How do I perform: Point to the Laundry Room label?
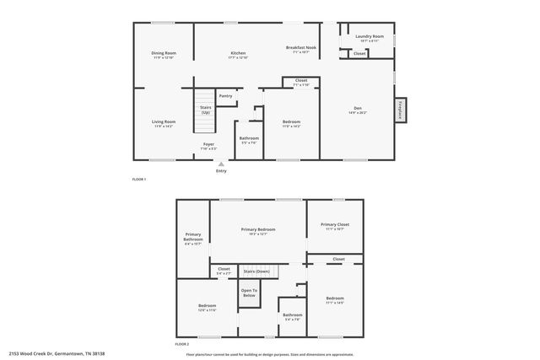[369, 37]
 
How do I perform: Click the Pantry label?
[225, 96]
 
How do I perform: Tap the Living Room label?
[163, 123]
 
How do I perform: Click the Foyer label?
[208, 145]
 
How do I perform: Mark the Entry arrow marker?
[221, 164]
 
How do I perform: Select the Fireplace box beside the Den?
[401, 110]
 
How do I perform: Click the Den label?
[357, 110]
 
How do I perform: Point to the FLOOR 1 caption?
[139, 180]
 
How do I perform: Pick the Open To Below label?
[249, 293]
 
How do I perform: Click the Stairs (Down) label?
[256, 271]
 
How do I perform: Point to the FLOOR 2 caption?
[182, 344]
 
